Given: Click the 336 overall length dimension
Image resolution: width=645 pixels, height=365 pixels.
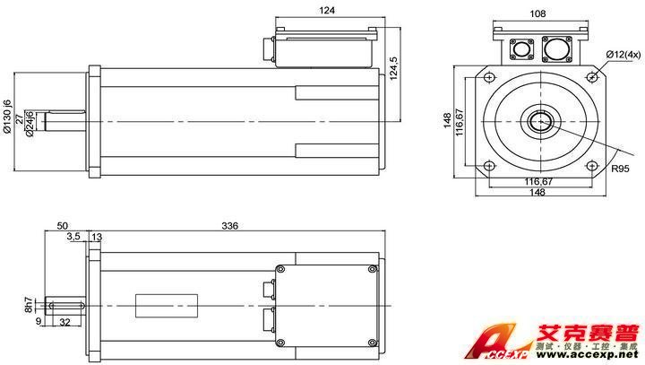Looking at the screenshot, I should (x=230, y=226).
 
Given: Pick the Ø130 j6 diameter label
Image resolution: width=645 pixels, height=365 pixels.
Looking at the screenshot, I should (x=7, y=117).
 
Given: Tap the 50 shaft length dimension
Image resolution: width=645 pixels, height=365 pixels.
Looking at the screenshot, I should (x=62, y=226).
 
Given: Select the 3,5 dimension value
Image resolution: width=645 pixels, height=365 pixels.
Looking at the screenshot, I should (x=73, y=237).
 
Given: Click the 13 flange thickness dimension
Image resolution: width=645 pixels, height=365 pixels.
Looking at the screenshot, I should (x=97, y=237).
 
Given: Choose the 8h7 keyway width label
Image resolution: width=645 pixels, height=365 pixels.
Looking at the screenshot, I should (x=30, y=306).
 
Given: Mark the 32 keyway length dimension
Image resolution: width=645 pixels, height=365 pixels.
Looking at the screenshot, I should (x=64, y=320).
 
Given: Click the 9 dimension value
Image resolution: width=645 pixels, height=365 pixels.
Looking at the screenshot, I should (x=39, y=320).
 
